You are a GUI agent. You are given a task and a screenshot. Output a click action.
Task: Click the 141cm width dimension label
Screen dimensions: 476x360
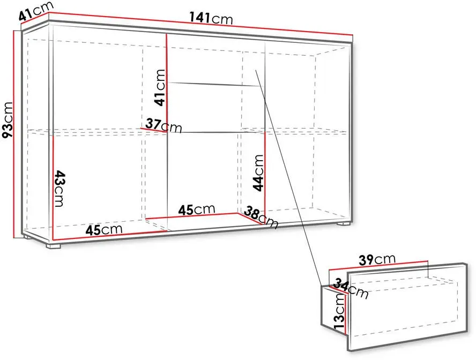pyautogui.click(x=211, y=18)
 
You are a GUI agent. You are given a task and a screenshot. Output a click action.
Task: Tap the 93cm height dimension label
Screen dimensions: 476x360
pyautogui.click(x=8, y=120)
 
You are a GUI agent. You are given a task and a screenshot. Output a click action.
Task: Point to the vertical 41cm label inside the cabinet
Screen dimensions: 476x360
pyautogui.click(x=160, y=87)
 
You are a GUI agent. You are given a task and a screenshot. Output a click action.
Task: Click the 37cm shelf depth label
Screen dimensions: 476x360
pyautogui.click(x=163, y=125)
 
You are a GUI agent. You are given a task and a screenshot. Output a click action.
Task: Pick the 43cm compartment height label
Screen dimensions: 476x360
pyautogui.click(x=59, y=189)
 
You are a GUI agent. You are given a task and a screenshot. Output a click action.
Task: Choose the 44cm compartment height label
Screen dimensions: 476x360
pyautogui.click(x=258, y=173)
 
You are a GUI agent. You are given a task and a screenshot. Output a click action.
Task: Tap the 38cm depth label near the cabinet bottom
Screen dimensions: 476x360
pyautogui.click(x=261, y=217)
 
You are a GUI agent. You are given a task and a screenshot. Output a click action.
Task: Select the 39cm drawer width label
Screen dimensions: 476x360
pyautogui.click(x=377, y=260)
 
